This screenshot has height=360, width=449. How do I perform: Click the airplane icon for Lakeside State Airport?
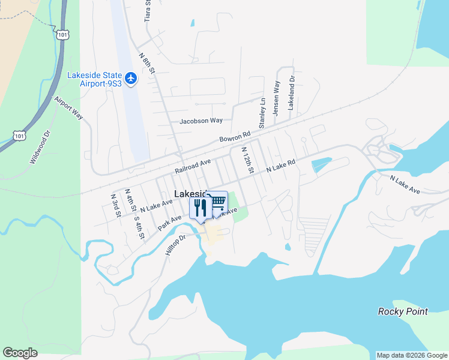pos(131,79)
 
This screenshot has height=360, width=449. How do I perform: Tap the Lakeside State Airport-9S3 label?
pos(95,79)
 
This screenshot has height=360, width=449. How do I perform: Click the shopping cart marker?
pos(217,202)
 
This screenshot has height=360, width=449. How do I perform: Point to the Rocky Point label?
pos(403,311)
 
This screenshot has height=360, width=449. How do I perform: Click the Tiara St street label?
pos(148,11)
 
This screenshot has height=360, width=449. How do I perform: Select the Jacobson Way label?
pos(201,121)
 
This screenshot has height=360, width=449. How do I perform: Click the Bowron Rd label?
pos(234,137)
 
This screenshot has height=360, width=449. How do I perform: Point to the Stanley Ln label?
pos(262,113)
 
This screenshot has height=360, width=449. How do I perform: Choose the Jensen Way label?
pos(277,98)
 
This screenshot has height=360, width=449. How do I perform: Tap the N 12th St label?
pos(247,161)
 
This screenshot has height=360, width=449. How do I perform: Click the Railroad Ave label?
pos(193,167)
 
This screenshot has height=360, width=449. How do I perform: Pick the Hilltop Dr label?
pos(176,244)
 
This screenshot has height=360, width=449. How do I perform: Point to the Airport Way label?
pos(69,108)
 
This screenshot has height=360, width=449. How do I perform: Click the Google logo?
pos(20,353)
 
